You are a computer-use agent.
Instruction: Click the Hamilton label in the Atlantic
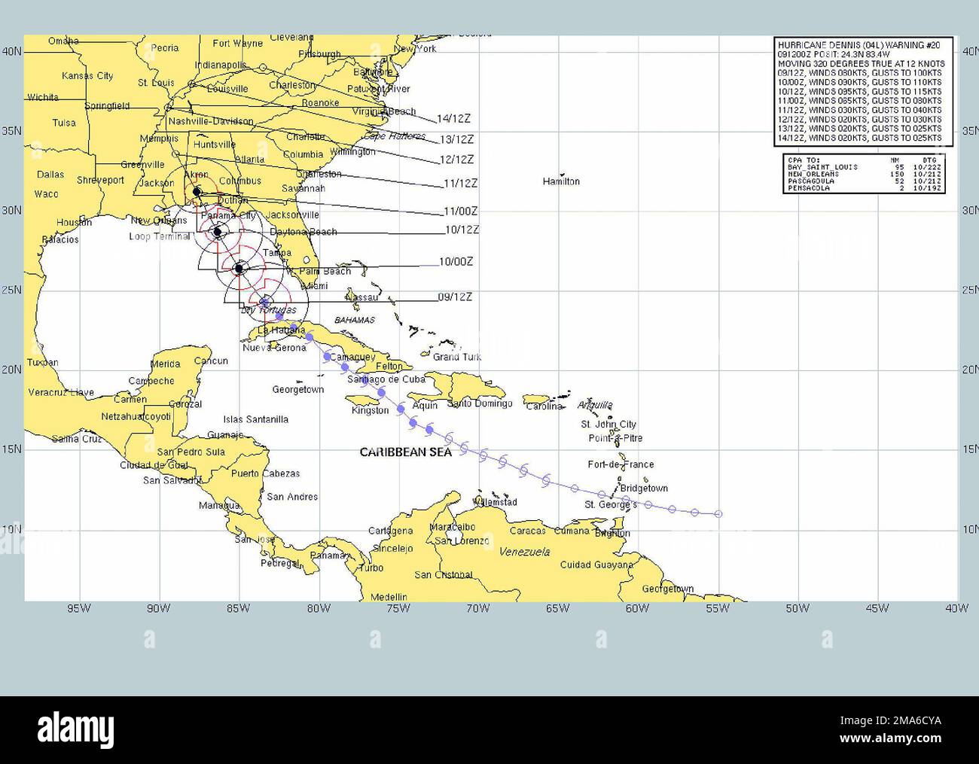coord(561,181)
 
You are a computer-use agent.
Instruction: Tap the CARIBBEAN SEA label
coord(405,452)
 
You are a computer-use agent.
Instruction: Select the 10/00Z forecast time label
coord(456,262)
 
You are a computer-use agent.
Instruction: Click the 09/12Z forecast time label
coord(455,297)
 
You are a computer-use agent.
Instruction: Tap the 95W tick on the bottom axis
coord(79,608)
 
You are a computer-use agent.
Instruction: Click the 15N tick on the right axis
coord(968,449)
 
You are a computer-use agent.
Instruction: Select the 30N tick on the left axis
coord(11,210)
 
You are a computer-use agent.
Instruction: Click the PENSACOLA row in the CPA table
coord(862,188)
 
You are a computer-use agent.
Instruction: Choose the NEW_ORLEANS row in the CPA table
coord(862,174)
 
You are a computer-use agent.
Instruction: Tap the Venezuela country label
coord(524,552)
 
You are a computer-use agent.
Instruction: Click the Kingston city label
coord(371,410)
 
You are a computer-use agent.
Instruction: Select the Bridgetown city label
coord(644,489)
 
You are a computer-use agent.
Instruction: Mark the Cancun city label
coord(211,361)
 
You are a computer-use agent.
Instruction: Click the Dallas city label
coord(50,175)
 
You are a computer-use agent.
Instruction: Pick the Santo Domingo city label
coord(480,403)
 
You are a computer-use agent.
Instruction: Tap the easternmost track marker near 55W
coord(718,514)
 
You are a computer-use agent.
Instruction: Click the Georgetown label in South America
coord(668,589)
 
